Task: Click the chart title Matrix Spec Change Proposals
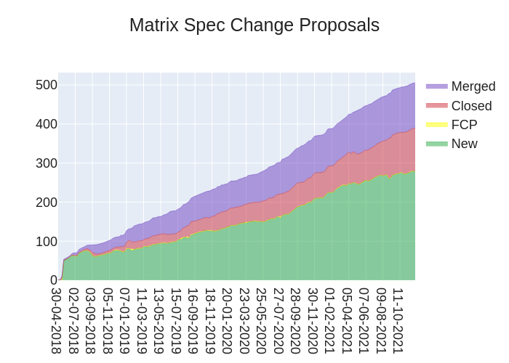tap(254, 25)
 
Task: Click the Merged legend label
tap(473, 86)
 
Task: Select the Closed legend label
tap(471, 106)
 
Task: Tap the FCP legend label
tap(464, 125)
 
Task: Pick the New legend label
tap(464, 144)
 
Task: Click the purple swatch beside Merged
tap(436, 86)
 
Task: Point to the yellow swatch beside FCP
tap(436, 125)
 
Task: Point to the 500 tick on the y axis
tap(47, 85)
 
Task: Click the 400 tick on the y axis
tap(47, 124)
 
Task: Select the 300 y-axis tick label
tap(47, 163)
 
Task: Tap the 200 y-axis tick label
tap(47, 203)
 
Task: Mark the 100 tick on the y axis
tap(47, 242)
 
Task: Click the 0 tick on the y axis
tap(53, 280)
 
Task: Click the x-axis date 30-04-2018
tap(57, 320)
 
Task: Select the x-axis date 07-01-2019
tap(124, 320)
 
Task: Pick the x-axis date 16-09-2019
tap(193, 320)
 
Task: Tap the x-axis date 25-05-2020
tap(260, 320)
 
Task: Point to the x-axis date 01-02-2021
tap(329, 320)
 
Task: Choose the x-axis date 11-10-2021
tap(398, 320)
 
